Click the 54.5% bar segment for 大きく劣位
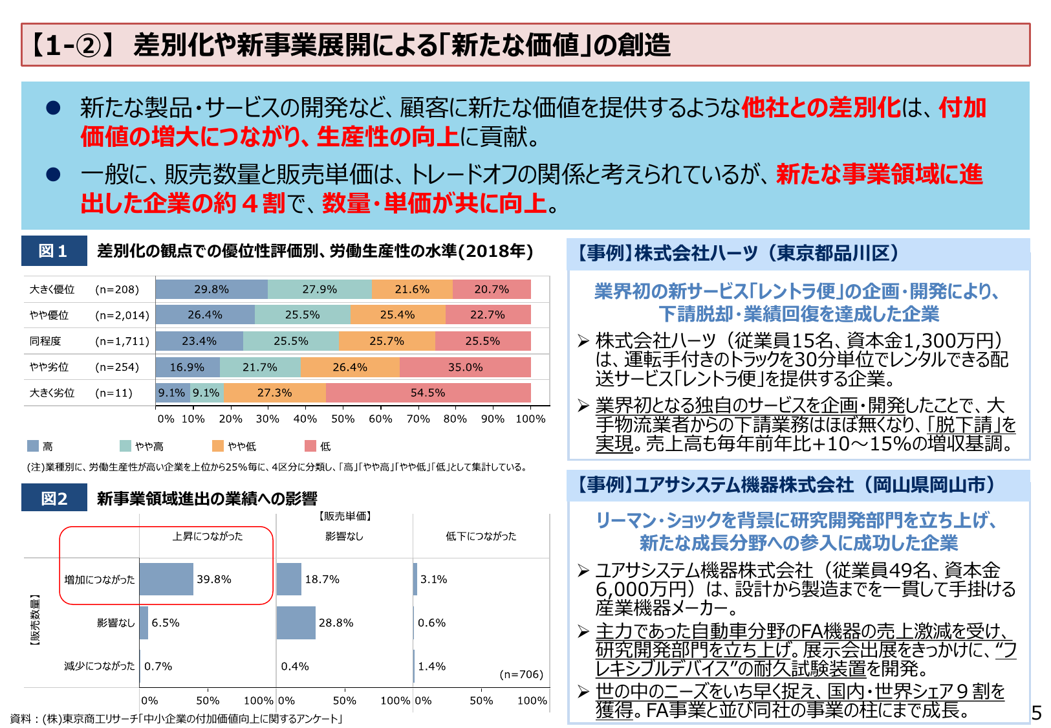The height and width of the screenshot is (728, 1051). point(428,393)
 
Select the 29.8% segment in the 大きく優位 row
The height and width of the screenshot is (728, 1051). point(211,289)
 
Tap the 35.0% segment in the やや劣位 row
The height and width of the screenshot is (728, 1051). point(465,367)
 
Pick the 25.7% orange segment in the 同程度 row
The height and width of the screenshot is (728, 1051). point(387,341)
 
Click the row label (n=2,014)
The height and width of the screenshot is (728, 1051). point(122,315)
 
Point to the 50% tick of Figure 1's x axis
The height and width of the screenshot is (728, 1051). point(343,419)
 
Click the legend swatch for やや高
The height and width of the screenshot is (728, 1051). point(125,446)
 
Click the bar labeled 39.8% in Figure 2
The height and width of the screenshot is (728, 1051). point(166,579)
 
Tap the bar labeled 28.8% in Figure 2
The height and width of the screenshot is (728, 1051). point(296,623)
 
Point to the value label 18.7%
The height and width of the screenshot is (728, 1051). point(322,579)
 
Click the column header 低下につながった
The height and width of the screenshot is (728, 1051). point(481,536)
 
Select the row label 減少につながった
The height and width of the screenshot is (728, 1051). point(100,666)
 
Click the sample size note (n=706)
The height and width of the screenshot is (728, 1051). point(521,674)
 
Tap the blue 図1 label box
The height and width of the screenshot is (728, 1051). point(54,251)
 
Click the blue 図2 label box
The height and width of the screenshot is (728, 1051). point(54,498)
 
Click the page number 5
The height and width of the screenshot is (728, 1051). point(1036,713)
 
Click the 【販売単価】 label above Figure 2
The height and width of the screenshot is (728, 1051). point(344,516)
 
